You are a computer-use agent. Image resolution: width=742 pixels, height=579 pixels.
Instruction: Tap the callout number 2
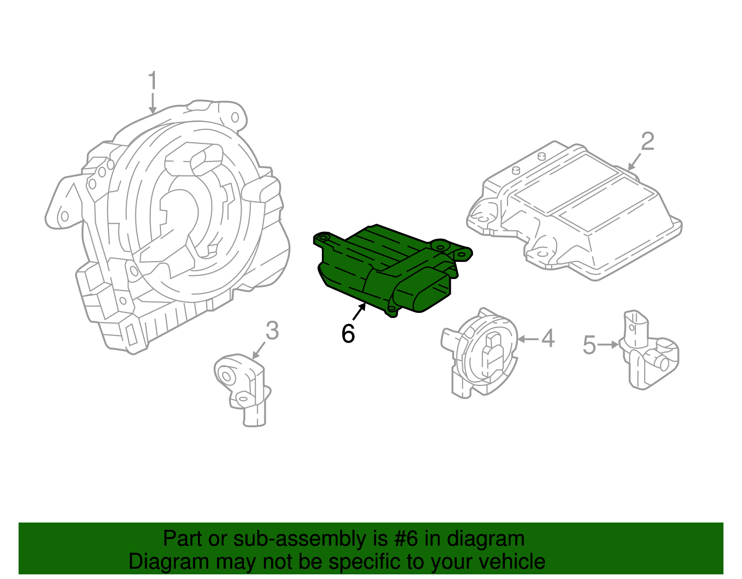tap(647, 141)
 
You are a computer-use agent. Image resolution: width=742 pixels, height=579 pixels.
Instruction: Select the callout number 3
tap(272, 331)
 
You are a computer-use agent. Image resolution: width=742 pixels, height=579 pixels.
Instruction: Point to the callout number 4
tap(548, 338)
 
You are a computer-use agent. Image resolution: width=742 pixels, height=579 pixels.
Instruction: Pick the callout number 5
tap(589, 345)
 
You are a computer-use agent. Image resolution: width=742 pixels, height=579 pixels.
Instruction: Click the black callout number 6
tap(348, 333)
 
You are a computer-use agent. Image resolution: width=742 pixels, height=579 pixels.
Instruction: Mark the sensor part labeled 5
tap(649, 352)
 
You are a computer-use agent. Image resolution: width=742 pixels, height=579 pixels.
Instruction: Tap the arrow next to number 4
tap(528, 339)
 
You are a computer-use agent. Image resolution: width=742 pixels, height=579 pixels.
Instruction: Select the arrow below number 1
tap(153, 103)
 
